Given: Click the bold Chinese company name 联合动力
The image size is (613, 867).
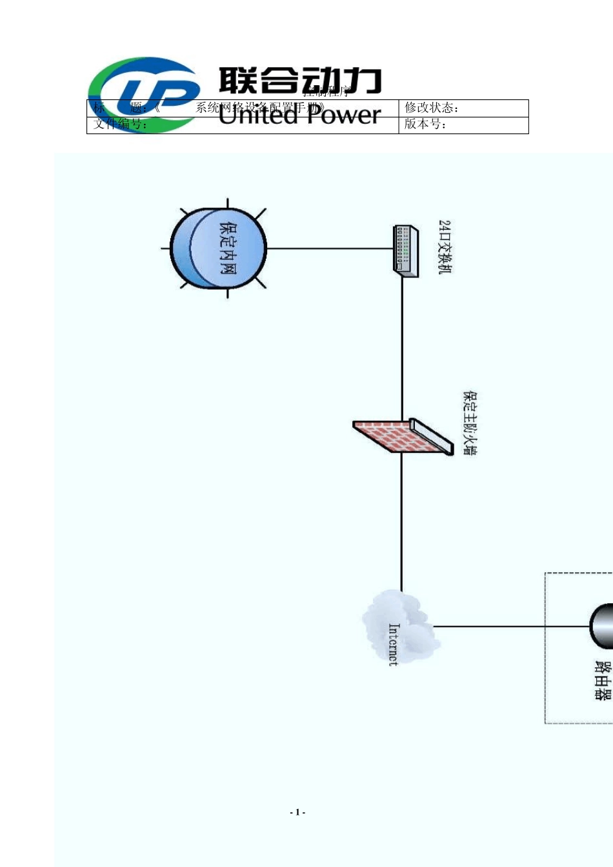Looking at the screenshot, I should tap(300, 81).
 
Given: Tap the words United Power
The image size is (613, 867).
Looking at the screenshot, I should tap(300, 115).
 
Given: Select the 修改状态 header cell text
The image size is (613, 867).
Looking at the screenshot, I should tap(432, 108).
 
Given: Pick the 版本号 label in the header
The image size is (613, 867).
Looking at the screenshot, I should tap(425, 125).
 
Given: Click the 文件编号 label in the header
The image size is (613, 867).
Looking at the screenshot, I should tap(120, 125).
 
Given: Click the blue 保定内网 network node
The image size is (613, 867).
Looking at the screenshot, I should tap(219, 248).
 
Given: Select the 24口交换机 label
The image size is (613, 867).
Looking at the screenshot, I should tap(445, 247).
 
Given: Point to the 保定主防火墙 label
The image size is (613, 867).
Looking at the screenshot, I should tap(470, 423).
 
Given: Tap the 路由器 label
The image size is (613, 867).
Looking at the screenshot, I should tap(603, 680).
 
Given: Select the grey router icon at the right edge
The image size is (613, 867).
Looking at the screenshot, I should tap(603, 626).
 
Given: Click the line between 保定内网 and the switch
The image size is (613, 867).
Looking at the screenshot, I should tap(329, 248).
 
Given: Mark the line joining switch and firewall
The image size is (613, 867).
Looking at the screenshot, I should tap(402, 348).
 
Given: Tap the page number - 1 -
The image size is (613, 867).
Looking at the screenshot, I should tap(297, 812).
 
